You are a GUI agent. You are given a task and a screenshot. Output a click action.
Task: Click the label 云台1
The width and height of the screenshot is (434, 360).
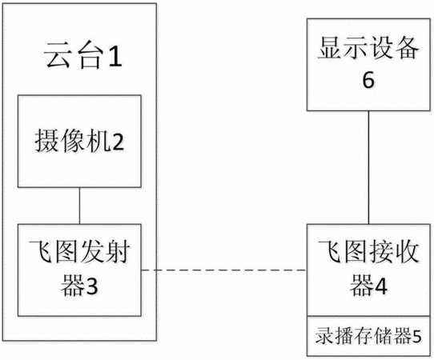83,56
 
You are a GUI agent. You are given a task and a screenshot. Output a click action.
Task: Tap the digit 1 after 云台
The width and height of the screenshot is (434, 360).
115,57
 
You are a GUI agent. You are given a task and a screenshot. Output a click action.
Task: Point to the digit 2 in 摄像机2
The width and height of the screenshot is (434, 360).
118,142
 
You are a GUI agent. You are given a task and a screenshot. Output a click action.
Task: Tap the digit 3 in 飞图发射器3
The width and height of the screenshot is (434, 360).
91,286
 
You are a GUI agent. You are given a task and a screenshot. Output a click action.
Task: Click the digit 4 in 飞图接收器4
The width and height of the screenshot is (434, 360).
380,286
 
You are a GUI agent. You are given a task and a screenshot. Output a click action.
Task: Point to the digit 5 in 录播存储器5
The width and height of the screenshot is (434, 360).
417,337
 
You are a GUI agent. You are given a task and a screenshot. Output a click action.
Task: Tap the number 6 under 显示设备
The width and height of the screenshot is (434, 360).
368,80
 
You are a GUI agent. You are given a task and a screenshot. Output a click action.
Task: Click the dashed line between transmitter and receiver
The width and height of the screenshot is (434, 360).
224,270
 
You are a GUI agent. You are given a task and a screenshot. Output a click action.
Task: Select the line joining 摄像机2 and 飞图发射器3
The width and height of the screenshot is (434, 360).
80,206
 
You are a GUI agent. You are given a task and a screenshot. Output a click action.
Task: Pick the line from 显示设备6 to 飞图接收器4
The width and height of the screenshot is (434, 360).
368,167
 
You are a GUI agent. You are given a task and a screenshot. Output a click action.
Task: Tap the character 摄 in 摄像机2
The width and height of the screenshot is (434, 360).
46,142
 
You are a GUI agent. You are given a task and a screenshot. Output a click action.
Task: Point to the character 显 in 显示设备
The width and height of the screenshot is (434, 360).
330,48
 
